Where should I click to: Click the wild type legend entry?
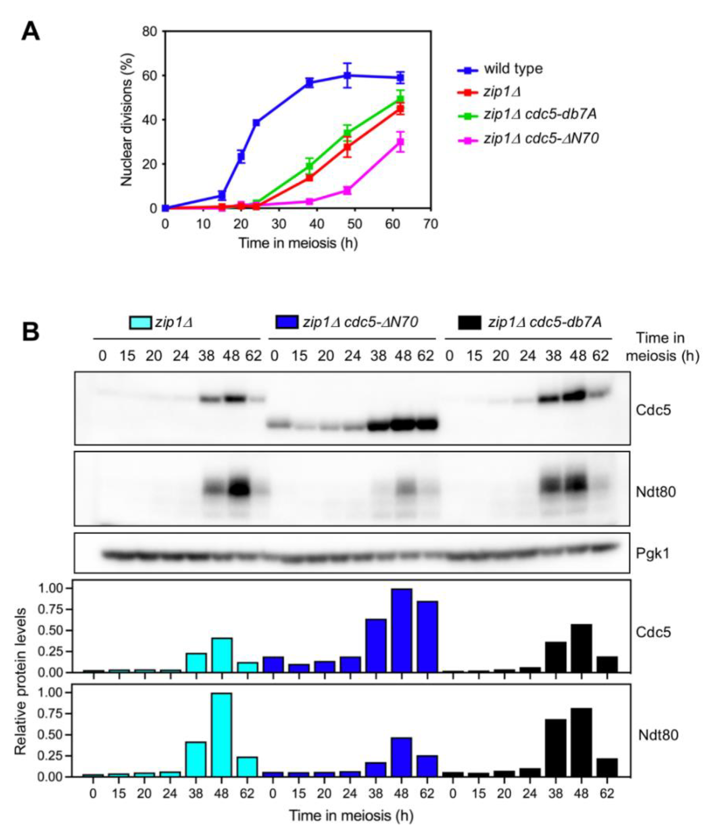[513, 69]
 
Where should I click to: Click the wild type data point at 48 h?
[347, 75]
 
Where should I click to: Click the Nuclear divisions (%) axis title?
[126, 120]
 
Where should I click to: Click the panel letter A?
[31, 31]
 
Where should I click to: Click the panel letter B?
[31, 331]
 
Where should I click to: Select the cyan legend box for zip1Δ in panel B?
[140, 322]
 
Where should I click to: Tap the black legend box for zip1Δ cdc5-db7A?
[469, 322]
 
